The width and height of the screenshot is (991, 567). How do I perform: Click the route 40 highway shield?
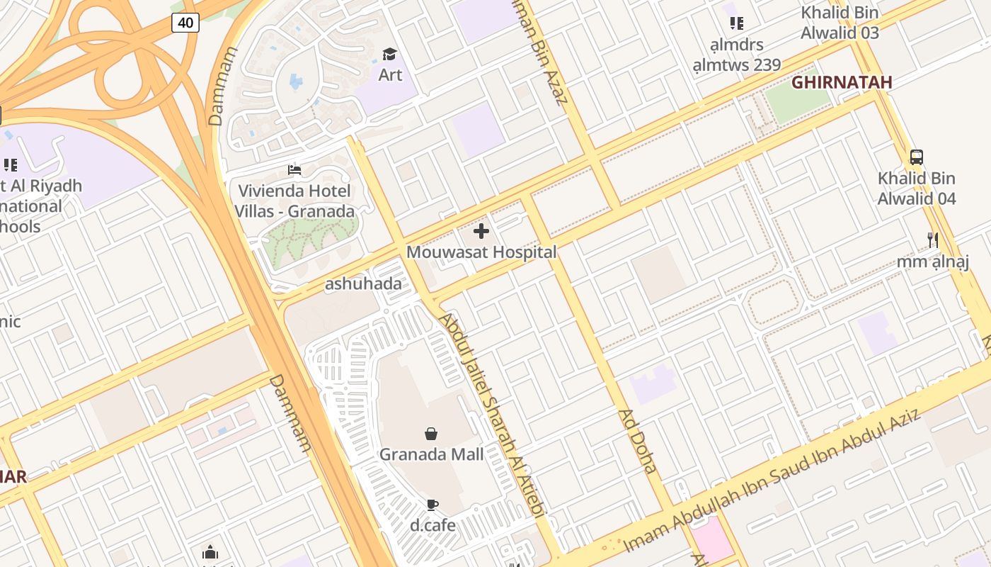(x=185, y=23)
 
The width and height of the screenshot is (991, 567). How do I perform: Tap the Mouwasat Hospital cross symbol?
(x=481, y=231)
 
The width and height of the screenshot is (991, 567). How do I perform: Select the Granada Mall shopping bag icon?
(x=431, y=434)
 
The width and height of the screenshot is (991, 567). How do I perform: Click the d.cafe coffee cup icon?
(x=432, y=505)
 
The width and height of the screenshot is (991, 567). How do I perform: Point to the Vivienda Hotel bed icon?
(x=294, y=170)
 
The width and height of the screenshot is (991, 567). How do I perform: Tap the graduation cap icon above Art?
(x=389, y=55)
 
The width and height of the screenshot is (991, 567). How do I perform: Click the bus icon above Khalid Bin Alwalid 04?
(x=917, y=157)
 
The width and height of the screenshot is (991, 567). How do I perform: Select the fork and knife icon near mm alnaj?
(x=933, y=240)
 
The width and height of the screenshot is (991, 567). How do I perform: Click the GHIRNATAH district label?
(x=841, y=82)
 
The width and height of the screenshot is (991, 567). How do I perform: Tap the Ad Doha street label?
(x=638, y=441)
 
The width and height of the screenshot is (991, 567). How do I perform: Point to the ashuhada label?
(x=363, y=284)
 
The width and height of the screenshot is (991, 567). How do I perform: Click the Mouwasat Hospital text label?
(x=481, y=252)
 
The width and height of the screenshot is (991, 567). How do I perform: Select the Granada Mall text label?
(x=432, y=454)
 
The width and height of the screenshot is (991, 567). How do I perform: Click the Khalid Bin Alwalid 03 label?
(x=840, y=23)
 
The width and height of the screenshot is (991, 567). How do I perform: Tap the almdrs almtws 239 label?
(x=737, y=55)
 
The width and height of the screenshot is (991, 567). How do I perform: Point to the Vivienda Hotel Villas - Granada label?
(x=294, y=201)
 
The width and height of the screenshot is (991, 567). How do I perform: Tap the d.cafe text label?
(x=433, y=525)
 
